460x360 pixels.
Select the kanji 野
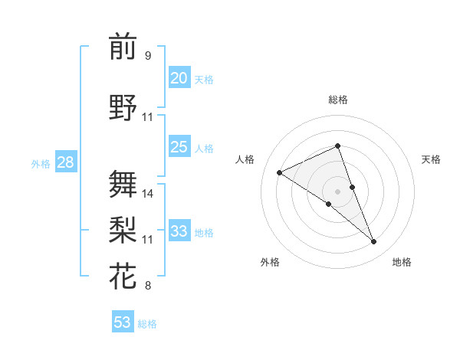tap(123, 108)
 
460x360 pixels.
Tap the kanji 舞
tap(123, 183)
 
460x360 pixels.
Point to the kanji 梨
tap(123, 229)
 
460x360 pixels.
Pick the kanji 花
tap(123, 276)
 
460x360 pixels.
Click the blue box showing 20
tap(179, 77)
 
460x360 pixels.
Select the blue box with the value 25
tap(179, 147)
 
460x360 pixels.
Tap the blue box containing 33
tap(179, 231)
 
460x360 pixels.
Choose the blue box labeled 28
tap(64, 162)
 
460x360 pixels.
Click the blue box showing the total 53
tap(123, 322)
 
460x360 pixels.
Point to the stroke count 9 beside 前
tap(148, 56)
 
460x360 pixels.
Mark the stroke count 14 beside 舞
tap(148, 194)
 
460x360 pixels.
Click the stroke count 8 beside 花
tap(148, 286)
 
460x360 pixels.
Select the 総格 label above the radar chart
tap(337, 100)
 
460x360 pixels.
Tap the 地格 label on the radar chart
tap(402, 262)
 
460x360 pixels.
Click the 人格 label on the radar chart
tap(245, 159)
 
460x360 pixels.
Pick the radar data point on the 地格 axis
tap(374, 242)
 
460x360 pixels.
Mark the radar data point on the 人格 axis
tap(280, 172)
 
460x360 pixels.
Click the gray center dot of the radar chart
tap(337, 191)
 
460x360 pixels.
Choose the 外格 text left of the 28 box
tap(41, 163)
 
